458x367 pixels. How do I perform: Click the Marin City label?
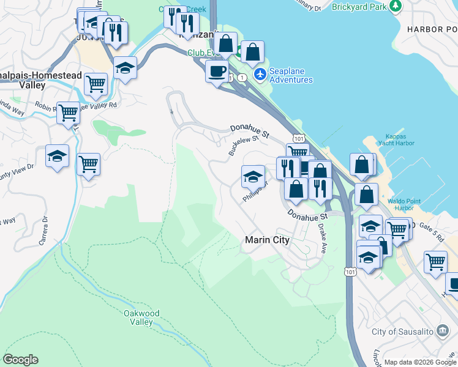click(x=267, y=240)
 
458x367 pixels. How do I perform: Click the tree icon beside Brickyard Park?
click(x=396, y=6)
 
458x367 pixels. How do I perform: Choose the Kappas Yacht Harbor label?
click(x=400, y=139)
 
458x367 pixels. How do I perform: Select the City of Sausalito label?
click(x=404, y=332)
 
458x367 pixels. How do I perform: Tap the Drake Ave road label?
click(x=322, y=239)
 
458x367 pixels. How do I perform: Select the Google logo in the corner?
click(x=20, y=360)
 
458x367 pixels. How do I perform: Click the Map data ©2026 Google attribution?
click(x=420, y=362)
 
